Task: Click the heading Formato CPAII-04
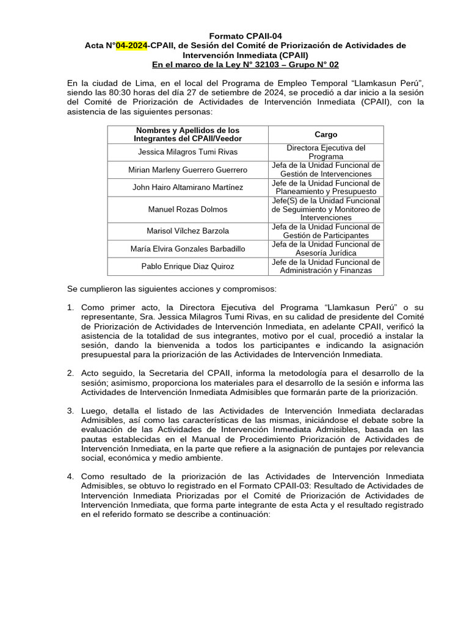coord(245,36)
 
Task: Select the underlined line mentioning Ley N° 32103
coord(245,65)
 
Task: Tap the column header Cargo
coord(325,134)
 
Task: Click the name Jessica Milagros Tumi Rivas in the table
coord(187,152)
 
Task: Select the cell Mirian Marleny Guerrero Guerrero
coord(187,170)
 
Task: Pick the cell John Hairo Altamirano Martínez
coord(187,187)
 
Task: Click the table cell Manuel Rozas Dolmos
coord(187,209)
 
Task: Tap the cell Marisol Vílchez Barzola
coord(187,231)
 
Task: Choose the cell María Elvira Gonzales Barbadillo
coord(187,248)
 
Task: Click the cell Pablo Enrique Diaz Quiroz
coord(187,266)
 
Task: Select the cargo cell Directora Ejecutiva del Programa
coord(325,152)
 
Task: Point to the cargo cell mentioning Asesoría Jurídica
coord(325,248)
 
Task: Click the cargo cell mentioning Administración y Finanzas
coord(325,266)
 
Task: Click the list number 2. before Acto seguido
coord(71,373)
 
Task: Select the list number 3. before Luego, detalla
coord(71,411)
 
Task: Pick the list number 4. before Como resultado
coord(71,477)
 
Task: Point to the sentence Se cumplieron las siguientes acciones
coord(172,288)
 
